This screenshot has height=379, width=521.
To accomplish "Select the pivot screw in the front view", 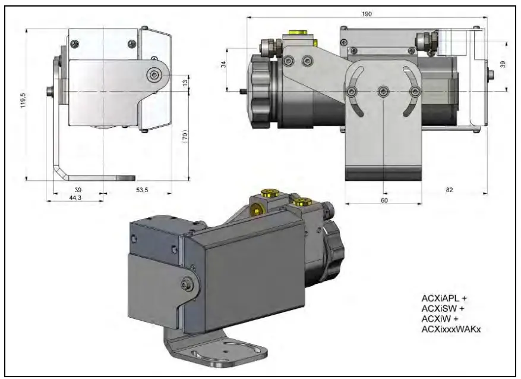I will [155, 74].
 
